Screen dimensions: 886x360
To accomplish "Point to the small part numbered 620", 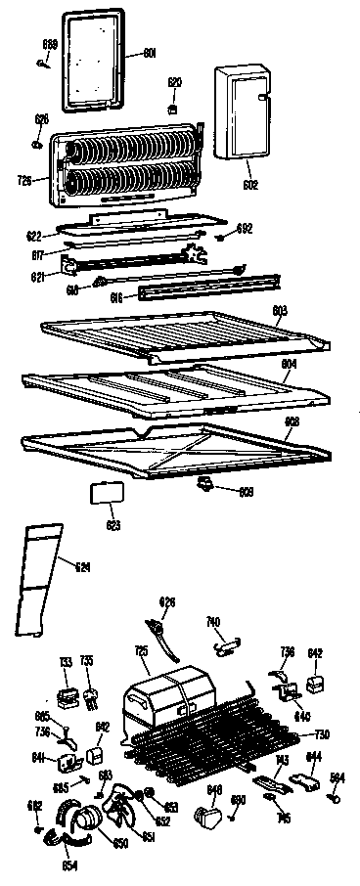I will click(174, 109).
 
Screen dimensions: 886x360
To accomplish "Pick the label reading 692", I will click(245, 228).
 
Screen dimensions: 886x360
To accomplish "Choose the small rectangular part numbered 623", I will click(104, 492).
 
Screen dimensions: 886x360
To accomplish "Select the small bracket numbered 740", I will click(227, 642).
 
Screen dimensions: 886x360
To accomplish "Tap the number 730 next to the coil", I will click(320, 734).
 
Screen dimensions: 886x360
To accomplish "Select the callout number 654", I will click(71, 865).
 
